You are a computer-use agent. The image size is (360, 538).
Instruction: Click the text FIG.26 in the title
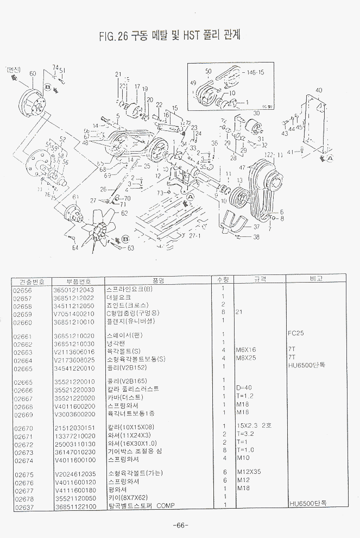pyautogui.click(x=113, y=36)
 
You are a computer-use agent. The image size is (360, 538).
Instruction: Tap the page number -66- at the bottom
pyautogui.click(x=180, y=525)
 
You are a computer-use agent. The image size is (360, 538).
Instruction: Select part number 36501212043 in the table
pyautogui.click(x=73, y=290)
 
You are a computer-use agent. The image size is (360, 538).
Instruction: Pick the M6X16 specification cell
pyautogui.click(x=246, y=350)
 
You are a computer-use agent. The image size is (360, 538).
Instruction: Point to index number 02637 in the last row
pyautogui.click(x=24, y=506)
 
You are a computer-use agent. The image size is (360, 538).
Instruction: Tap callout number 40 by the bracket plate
pyautogui.click(x=319, y=90)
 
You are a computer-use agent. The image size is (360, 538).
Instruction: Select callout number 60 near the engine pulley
pyautogui.click(x=33, y=73)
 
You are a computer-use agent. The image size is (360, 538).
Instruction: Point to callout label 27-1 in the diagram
pyautogui.click(x=194, y=236)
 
